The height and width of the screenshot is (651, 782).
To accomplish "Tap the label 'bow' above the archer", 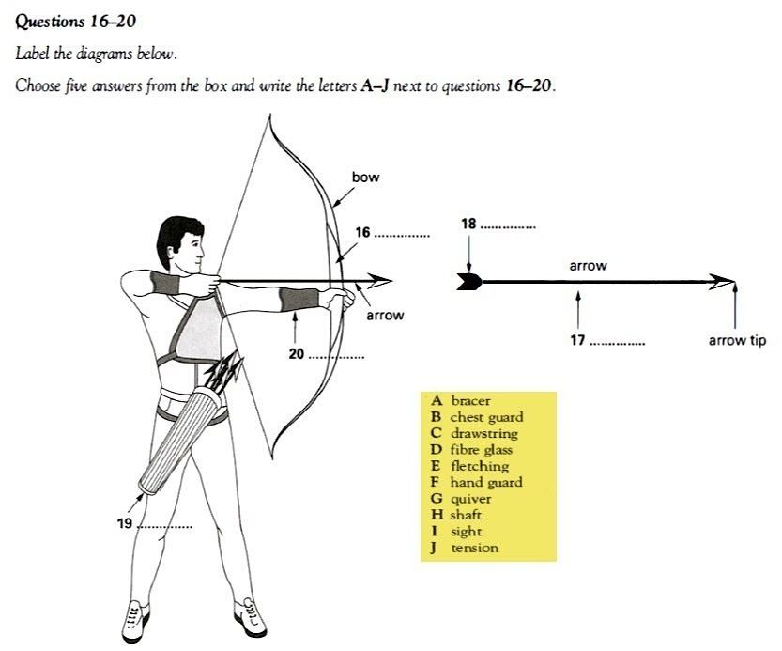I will point(365,177).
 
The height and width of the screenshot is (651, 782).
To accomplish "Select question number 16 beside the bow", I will point(363,232).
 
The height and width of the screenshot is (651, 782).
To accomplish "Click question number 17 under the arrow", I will point(578,339).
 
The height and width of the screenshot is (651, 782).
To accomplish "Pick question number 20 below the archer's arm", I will point(297,354).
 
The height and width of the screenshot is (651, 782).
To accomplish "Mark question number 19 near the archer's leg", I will point(125,523).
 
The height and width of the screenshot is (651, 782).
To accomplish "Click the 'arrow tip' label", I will point(737,340).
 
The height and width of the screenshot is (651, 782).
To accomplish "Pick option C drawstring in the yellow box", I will point(476,434).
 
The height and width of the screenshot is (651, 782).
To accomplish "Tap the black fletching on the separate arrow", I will point(469,280).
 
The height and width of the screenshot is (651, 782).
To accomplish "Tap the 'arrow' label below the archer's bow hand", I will point(385,315).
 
